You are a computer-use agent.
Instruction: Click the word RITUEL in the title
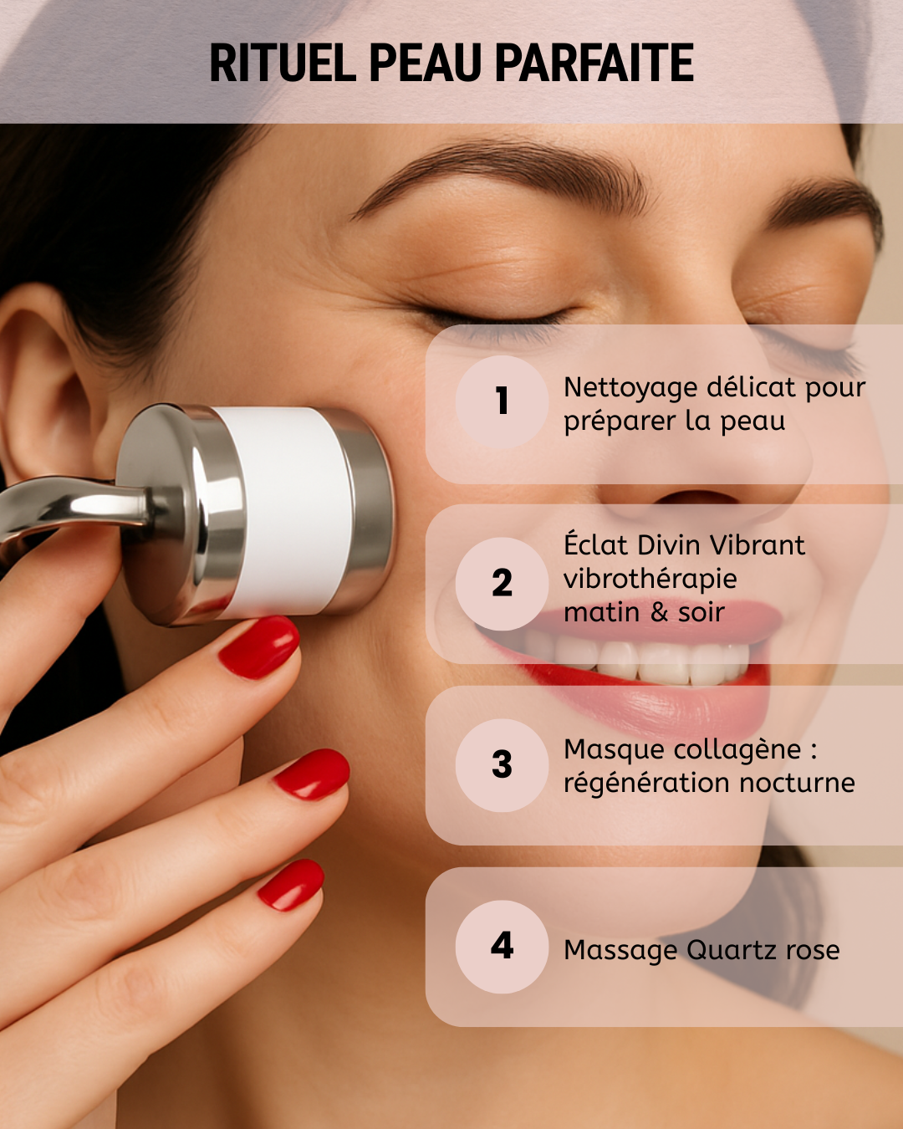tap(283, 63)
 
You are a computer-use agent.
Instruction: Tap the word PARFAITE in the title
tap(594, 63)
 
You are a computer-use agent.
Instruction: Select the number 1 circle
tap(503, 401)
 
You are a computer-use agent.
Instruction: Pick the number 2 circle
tap(503, 584)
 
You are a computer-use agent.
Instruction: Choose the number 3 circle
tap(503, 765)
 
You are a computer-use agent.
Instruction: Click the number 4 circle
tap(503, 947)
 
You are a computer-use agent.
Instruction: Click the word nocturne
tap(798, 784)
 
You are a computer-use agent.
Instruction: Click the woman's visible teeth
tap(637, 661)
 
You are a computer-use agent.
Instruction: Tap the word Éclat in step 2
tap(597, 545)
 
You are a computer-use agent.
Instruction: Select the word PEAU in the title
tap(426, 63)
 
